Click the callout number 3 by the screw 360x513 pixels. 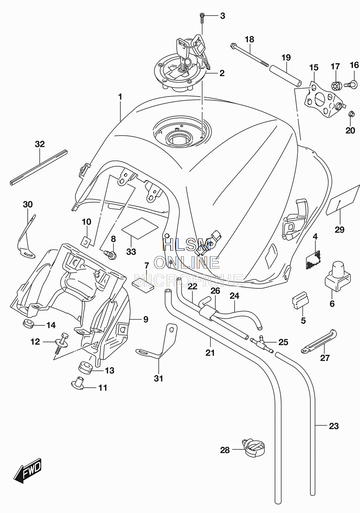222,16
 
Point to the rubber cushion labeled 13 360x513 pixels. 85,368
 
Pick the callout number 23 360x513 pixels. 334,426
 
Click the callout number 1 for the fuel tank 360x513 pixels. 120,97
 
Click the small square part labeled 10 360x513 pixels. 86,242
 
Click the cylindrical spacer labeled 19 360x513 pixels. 285,76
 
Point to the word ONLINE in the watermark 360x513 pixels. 187,262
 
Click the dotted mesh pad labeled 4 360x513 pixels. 313,260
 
